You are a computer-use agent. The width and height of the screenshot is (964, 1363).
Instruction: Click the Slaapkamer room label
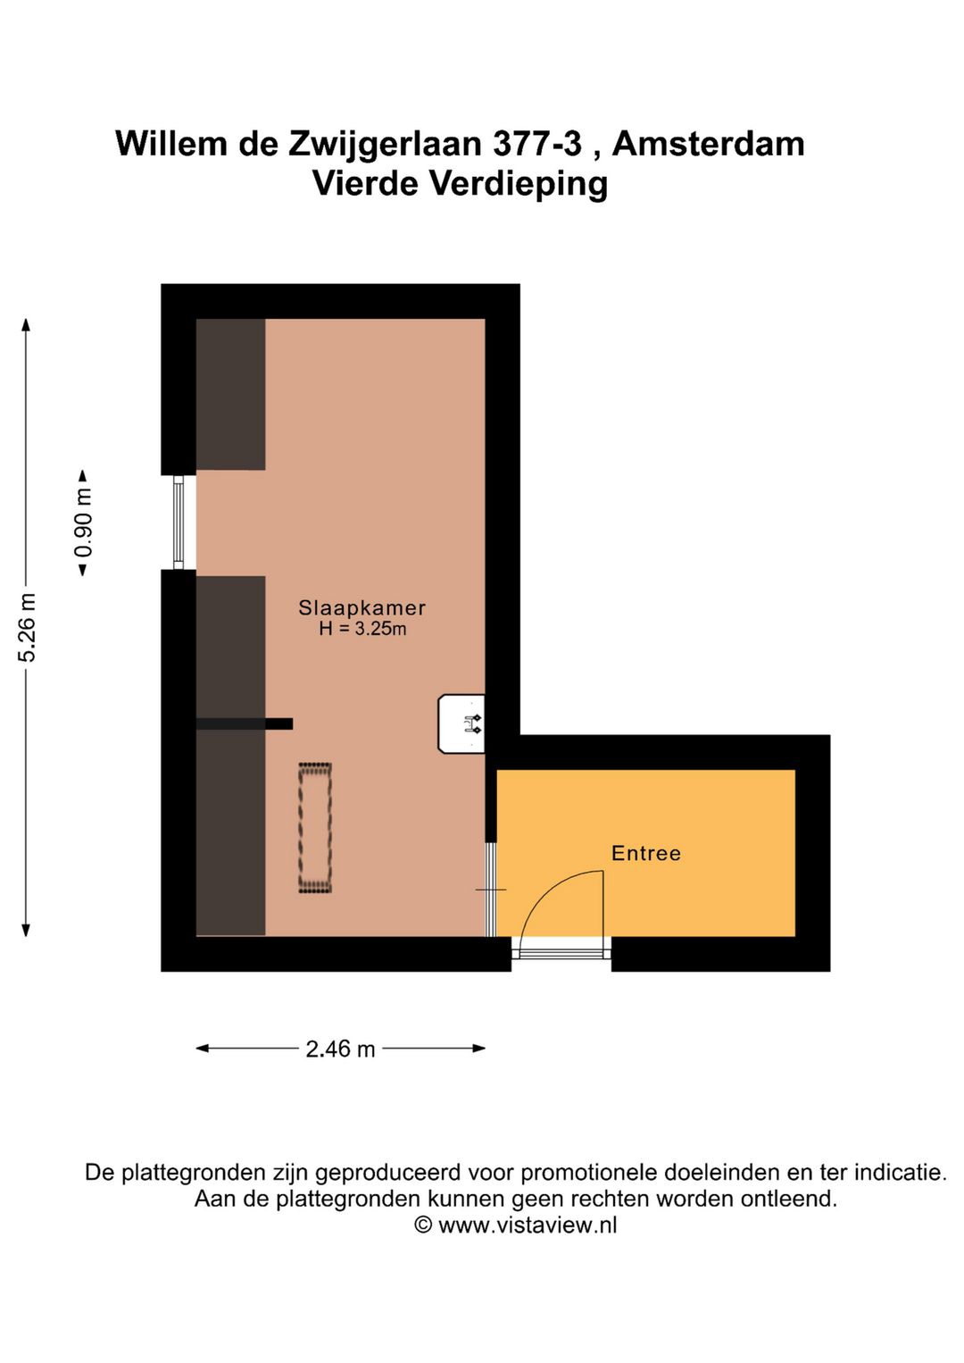[x=361, y=607]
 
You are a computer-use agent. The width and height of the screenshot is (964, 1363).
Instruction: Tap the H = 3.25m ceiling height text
[x=362, y=629]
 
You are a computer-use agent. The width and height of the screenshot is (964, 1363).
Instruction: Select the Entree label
[x=646, y=853]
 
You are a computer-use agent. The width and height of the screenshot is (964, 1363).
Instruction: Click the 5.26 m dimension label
[x=28, y=627]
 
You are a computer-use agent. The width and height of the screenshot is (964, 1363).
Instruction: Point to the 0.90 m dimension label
[x=83, y=523]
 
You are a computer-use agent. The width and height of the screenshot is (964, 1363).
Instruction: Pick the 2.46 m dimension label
[x=340, y=1049]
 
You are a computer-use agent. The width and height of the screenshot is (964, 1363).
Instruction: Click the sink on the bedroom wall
[x=461, y=723]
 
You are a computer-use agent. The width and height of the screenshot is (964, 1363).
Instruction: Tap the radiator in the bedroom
[x=315, y=827]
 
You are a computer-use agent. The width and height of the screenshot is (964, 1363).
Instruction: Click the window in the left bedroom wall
[x=179, y=523]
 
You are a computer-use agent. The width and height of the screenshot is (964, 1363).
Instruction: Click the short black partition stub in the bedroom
[x=245, y=723]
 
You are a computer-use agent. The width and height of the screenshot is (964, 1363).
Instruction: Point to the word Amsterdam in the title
[x=708, y=144]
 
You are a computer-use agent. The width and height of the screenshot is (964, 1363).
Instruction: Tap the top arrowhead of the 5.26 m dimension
[x=26, y=324]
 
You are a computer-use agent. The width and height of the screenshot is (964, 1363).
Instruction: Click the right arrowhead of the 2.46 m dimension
[x=479, y=1048]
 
